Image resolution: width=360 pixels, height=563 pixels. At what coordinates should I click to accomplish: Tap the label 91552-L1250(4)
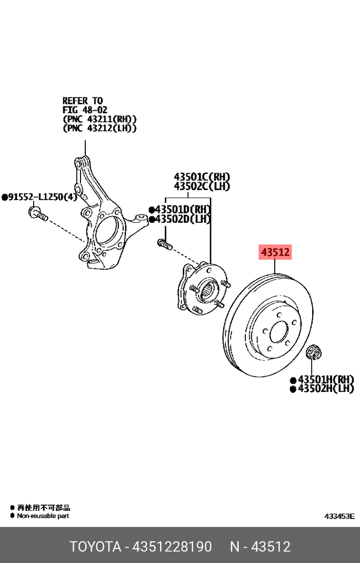pyautogui.click(x=42, y=197)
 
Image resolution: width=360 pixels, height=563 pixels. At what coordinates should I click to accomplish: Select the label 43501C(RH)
pyautogui.click(x=202, y=177)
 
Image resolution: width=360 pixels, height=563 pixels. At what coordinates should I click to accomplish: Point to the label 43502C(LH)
pyautogui.click(x=202, y=186)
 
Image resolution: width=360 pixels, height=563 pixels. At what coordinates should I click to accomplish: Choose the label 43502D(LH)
pyautogui.click(x=183, y=219)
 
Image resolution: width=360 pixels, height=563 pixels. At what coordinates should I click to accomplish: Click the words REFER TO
pyautogui.click(x=83, y=101)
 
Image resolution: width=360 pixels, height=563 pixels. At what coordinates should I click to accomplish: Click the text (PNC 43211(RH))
pyautogui.click(x=99, y=118)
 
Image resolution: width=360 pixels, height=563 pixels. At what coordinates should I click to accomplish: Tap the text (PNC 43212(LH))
pyautogui.click(x=99, y=128)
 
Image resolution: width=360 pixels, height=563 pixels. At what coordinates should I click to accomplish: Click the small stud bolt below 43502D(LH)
pyautogui.click(x=164, y=244)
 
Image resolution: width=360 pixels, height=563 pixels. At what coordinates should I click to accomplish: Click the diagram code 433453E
pyautogui.click(x=339, y=516)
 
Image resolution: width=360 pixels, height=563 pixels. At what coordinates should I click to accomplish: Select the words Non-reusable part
pyautogui.click(x=43, y=516)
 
